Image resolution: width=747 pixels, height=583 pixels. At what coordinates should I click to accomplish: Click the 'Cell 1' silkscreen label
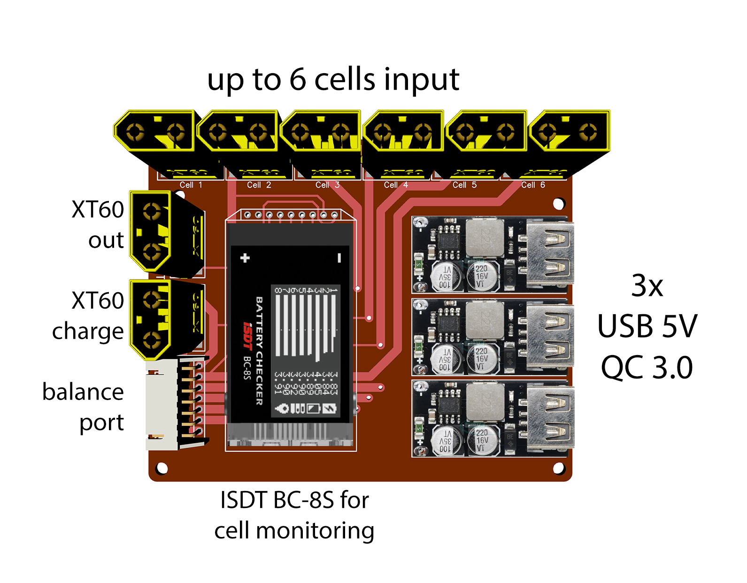[191, 185]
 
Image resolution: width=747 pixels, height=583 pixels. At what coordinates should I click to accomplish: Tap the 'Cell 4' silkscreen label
[396, 185]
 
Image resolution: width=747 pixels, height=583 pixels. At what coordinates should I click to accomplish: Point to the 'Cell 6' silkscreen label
[533, 185]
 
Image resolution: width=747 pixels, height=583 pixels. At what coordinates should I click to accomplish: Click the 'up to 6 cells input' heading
[333, 79]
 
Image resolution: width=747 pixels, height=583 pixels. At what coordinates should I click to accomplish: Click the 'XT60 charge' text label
[88, 315]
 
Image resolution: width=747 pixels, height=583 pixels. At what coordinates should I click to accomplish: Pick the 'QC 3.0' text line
[647, 367]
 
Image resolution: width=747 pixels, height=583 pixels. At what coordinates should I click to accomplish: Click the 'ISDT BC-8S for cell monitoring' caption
[294, 515]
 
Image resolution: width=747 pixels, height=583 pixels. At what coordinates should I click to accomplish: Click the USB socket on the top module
[550, 254]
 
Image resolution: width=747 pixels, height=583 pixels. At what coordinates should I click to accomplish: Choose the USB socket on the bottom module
[550, 418]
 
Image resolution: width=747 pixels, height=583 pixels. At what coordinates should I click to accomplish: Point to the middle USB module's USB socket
[550, 336]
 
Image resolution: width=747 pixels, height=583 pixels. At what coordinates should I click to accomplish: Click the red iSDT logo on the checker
[247, 335]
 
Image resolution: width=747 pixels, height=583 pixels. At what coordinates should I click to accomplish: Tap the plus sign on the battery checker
[245, 258]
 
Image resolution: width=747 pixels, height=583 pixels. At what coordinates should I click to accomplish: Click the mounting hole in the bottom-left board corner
[162, 468]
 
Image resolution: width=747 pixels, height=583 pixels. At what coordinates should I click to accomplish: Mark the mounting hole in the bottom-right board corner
[559, 468]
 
